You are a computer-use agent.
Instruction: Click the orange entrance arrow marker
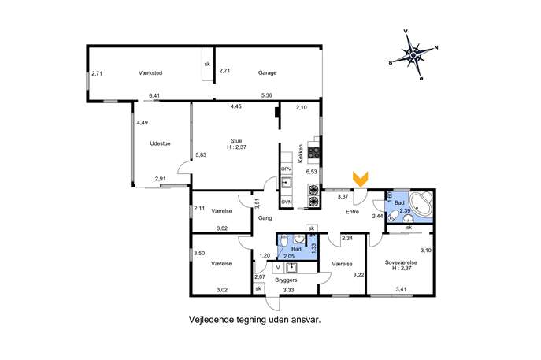click(360, 180)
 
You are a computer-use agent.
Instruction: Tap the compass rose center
click(413, 54)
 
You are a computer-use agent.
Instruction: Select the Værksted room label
click(150, 72)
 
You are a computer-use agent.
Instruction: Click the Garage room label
click(268, 72)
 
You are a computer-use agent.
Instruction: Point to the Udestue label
click(160, 143)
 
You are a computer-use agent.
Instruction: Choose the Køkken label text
click(301, 154)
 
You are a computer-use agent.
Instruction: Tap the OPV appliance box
click(287, 169)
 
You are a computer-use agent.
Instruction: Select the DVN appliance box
click(287, 202)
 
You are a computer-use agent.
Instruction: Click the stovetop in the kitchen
click(313, 152)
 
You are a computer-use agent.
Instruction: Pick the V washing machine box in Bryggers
click(278, 268)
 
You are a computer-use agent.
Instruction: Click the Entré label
click(352, 212)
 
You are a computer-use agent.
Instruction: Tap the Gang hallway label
click(265, 218)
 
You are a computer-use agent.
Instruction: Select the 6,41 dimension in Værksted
click(154, 95)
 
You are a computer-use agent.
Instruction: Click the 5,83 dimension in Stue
click(201, 154)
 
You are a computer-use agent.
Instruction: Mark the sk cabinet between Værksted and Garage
click(207, 64)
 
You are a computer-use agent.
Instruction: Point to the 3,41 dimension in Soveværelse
click(401, 289)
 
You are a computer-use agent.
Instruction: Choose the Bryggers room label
click(286, 280)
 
